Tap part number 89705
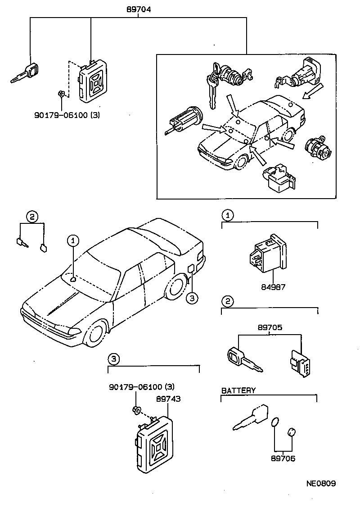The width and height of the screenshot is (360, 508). [270, 328]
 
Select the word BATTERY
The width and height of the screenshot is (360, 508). [238, 390]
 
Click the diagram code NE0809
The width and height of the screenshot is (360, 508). [321, 484]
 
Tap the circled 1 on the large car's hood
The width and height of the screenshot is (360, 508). [73, 241]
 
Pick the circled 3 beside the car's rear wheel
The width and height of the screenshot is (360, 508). [192, 298]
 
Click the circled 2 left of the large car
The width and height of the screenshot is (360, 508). [31, 217]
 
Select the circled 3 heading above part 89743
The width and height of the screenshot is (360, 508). [114, 359]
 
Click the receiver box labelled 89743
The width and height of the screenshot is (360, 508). [154, 445]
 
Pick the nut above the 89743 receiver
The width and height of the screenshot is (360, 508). [135, 410]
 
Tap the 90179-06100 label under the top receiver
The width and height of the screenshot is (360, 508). [67, 115]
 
